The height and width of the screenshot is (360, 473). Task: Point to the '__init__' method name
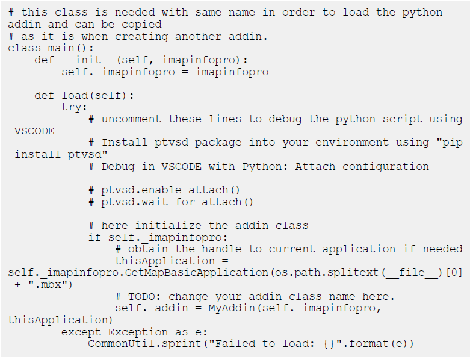pos(88,60)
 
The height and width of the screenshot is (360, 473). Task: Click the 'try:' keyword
pos(75,107)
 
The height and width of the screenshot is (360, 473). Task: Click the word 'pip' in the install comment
pos(453,143)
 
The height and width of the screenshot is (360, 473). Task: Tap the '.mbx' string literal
pos(48,284)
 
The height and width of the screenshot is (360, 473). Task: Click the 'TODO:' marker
pos(145,296)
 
